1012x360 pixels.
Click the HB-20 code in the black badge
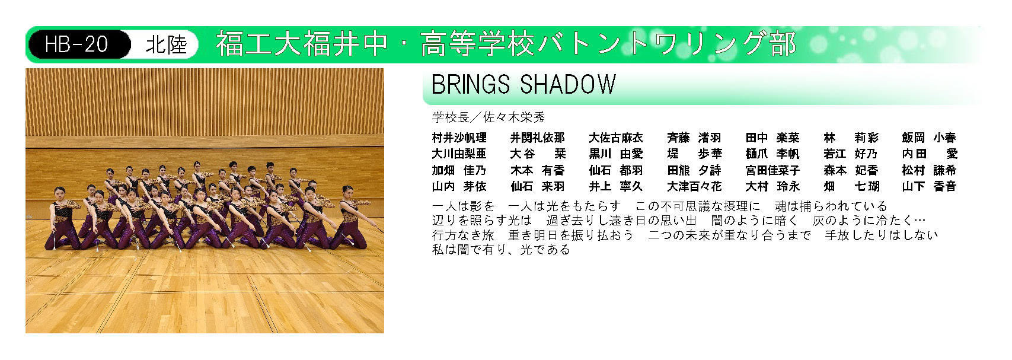pos(76,44)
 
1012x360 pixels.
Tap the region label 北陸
pos(166,44)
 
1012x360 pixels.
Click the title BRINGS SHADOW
pos(523,84)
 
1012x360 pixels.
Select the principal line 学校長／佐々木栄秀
pos(489,117)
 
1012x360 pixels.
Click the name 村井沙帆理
pos(459,138)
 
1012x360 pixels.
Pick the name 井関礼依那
pos(538,138)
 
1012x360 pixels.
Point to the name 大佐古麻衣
pos(616,138)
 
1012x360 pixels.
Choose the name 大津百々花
pos(694,186)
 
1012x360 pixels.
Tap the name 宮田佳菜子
pos(772,170)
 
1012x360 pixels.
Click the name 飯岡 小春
pos(930,138)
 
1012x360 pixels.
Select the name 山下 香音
pos(930,186)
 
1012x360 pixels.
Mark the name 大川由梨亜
pos(459,154)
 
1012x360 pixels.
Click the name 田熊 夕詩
pos(694,170)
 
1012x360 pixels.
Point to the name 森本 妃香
pos(851,170)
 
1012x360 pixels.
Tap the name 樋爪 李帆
pos(772,154)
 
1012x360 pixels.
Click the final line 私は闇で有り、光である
pos(501,249)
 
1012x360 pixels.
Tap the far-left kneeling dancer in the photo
pos(61,219)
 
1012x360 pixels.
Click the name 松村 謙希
pos(930,170)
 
